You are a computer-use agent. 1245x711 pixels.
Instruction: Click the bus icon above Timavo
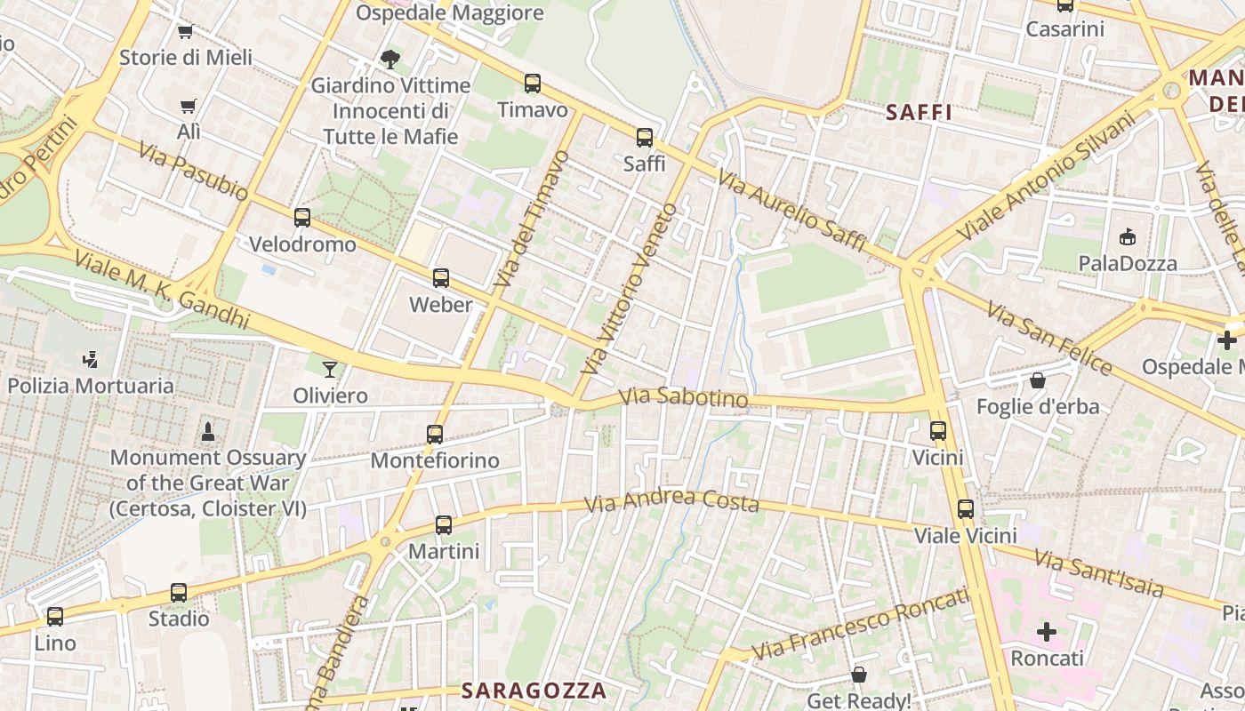[532, 84]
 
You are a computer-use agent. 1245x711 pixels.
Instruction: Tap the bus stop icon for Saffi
[645, 138]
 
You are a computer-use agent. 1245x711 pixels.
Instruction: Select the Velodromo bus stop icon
[302, 217]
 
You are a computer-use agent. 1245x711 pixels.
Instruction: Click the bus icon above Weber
[441, 278]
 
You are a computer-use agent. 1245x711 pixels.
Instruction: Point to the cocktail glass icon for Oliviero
[330, 369]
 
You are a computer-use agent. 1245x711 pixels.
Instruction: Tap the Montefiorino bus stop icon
[435, 434]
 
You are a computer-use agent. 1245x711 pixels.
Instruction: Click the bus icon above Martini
[444, 525]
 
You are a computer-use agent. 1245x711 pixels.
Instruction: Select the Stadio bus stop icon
[179, 593]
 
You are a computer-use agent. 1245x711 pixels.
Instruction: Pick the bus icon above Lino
[55, 616]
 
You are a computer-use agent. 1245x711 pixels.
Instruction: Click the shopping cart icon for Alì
[189, 107]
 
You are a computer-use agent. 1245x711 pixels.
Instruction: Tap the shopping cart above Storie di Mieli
[186, 32]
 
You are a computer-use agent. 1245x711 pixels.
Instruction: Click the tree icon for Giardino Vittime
[390, 60]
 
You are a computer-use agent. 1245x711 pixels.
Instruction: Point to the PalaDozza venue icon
[1128, 236]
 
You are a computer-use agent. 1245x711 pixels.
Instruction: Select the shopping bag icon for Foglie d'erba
[1038, 380]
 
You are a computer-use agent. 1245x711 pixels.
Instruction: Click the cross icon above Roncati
[1047, 632]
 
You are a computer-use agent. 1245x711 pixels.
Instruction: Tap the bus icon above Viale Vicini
[966, 509]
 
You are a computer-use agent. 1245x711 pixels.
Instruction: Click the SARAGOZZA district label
[534, 691]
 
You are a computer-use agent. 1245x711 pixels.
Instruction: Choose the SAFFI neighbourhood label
[920, 113]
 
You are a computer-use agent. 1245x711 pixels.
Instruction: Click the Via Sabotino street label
[683, 397]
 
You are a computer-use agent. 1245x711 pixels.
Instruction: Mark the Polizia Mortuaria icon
[89, 360]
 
